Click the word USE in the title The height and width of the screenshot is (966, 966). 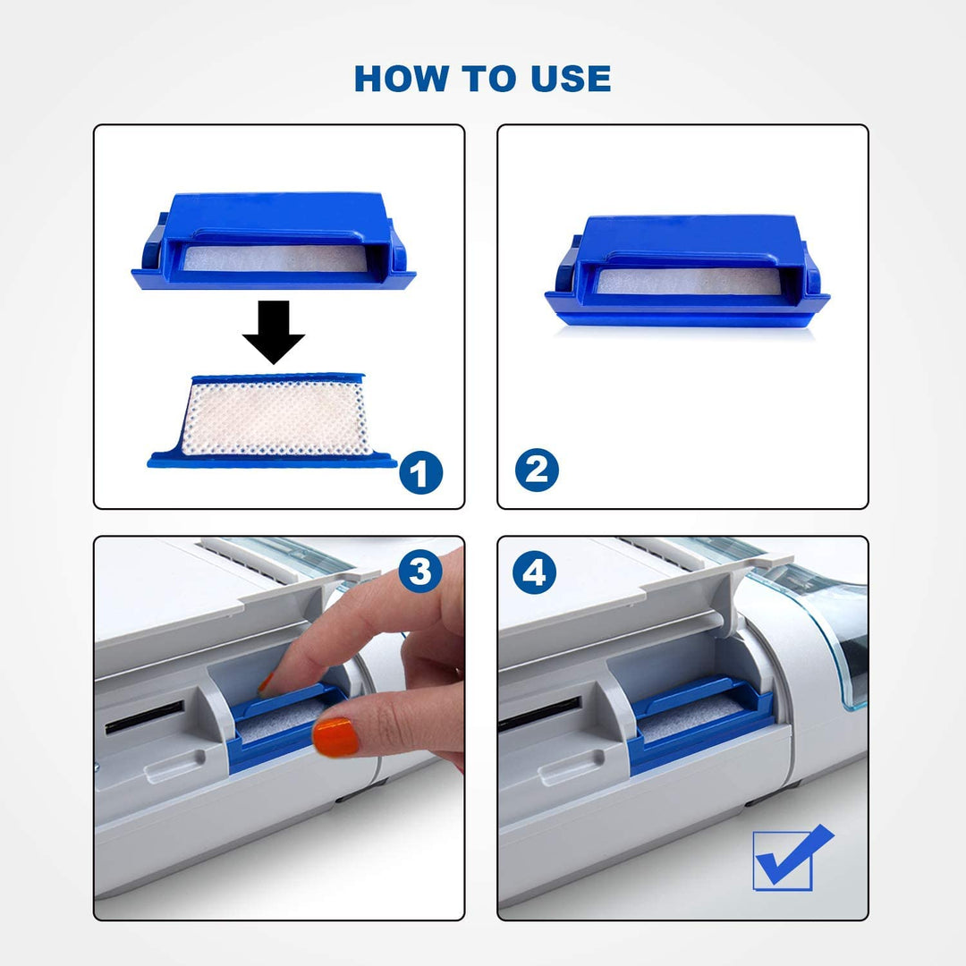tap(571, 79)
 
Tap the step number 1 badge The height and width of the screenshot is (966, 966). tap(420, 472)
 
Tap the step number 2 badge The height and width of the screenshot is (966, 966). tap(537, 470)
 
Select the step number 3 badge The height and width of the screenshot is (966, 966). tap(420, 571)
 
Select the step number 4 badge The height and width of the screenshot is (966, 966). tap(534, 572)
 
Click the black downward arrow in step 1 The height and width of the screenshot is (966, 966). tap(274, 332)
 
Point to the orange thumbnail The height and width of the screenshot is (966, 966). tap(335, 737)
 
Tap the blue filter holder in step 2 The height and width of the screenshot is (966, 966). tap(687, 270)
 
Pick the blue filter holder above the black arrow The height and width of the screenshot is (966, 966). tap(274, 241)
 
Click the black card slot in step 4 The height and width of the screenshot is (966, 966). tap(539, 714)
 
